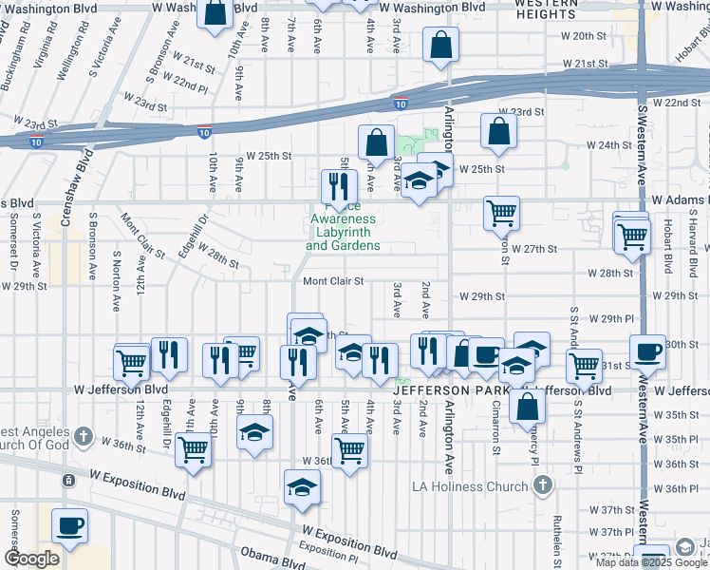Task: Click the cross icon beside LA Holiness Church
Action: pos(542,486)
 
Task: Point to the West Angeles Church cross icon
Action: pos(84,437)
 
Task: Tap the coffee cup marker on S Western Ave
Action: pos(649,351)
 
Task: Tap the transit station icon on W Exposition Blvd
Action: pos(69,481)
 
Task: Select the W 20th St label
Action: pos(589,36)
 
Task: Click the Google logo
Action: pos(31,559)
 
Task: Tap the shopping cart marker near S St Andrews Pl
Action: pos(584,364)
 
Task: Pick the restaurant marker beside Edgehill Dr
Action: pos(170,355)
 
